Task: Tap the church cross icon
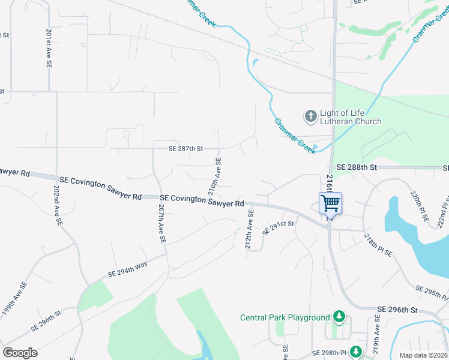point(310,116)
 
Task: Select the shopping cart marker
point(330,203)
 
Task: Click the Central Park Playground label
point(285,317)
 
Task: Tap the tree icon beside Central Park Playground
point(339,316)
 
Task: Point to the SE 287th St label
point(179,148)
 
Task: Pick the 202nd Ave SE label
point(58,204)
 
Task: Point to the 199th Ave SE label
point(13,298)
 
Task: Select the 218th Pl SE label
point(379,245)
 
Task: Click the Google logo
point(20,353)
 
